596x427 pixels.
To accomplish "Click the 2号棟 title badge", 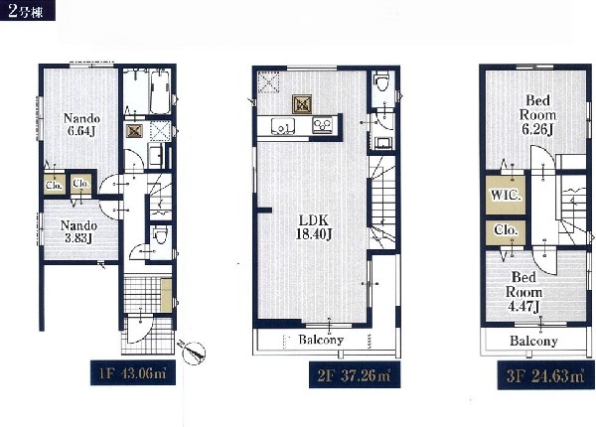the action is (28, 10).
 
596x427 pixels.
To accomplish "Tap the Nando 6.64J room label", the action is (81, 124).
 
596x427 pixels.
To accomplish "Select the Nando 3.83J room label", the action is (78, 231).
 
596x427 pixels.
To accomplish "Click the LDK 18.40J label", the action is (314, 227).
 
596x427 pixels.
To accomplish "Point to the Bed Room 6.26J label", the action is (537, 115).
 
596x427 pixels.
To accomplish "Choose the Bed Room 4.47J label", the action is (523, 292).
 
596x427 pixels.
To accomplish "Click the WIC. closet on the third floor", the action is (506, 196).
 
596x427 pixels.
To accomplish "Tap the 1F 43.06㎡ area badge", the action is (133, 373).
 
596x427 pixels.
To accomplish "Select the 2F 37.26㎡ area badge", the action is (355, 375).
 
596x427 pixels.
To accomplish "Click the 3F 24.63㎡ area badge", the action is (545, 376).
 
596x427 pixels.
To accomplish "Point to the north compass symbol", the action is (193, 353).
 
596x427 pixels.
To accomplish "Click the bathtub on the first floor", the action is (160, 91).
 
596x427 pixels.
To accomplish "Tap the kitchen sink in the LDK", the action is (283, 126).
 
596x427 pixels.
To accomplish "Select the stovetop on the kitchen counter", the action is (322, 125).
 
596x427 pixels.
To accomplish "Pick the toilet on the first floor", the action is (160, 235).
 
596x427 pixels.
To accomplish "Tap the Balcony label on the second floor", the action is (321, 340).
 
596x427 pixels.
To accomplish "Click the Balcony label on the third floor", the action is (533, 342).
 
